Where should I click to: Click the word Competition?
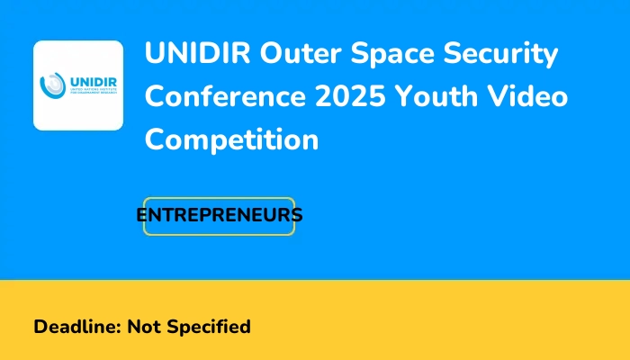click(232, 140)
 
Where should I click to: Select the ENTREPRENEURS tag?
click(220, 216)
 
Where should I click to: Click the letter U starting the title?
click(155, 55)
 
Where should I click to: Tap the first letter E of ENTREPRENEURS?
click(142, 216)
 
